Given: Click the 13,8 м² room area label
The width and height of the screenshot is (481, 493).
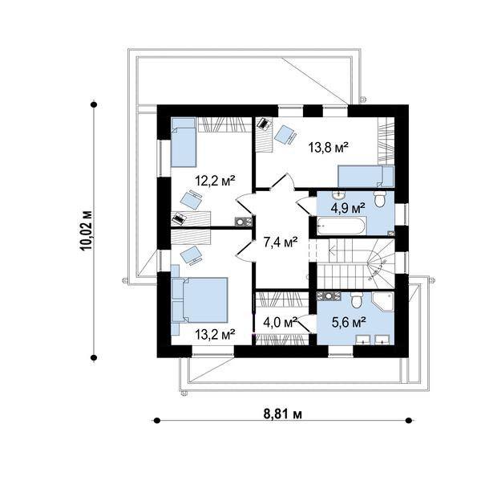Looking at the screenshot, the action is [329, 147].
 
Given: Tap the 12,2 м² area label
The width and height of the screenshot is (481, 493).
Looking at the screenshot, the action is [215, 181].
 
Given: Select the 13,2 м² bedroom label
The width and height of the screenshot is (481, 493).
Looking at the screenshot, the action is [215, 335].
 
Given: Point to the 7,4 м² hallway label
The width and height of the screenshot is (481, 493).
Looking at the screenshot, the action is [281, 242].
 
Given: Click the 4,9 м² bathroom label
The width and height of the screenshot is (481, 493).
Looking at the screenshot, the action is [348, 208].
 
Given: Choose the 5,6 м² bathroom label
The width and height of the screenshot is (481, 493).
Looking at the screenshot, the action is [349, 322].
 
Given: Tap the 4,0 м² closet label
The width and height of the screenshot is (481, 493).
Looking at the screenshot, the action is [281, 322].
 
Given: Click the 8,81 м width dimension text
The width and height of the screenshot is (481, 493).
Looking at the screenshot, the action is [283, 414].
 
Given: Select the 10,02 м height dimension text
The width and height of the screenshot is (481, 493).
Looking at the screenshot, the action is [87, 230].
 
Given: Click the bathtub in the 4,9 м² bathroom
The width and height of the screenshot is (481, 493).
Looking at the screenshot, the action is [342, 225].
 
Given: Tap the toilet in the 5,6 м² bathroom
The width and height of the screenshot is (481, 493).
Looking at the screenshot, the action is [357, 300].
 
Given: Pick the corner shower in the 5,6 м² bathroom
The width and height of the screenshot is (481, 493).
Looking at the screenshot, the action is [383, 302].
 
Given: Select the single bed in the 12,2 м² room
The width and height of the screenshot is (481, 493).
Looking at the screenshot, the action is [184, 142].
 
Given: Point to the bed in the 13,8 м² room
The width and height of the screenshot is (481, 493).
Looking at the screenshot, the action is [366, 177].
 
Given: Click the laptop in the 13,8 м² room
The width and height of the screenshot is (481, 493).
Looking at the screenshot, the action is [263, 124].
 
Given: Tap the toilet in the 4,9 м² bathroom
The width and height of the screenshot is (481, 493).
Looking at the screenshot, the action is [379, 198].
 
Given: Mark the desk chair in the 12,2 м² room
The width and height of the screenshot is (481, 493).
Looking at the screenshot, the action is [192, 200].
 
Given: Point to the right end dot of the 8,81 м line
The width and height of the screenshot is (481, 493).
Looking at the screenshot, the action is [409, 421].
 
